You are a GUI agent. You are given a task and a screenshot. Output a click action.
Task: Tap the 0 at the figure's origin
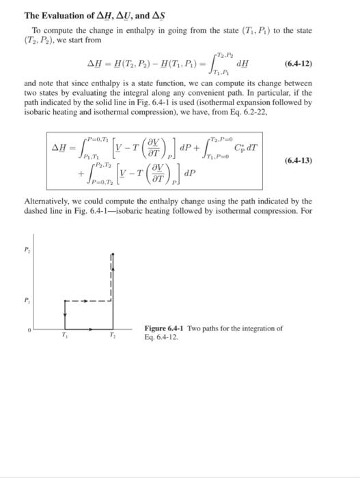29,331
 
